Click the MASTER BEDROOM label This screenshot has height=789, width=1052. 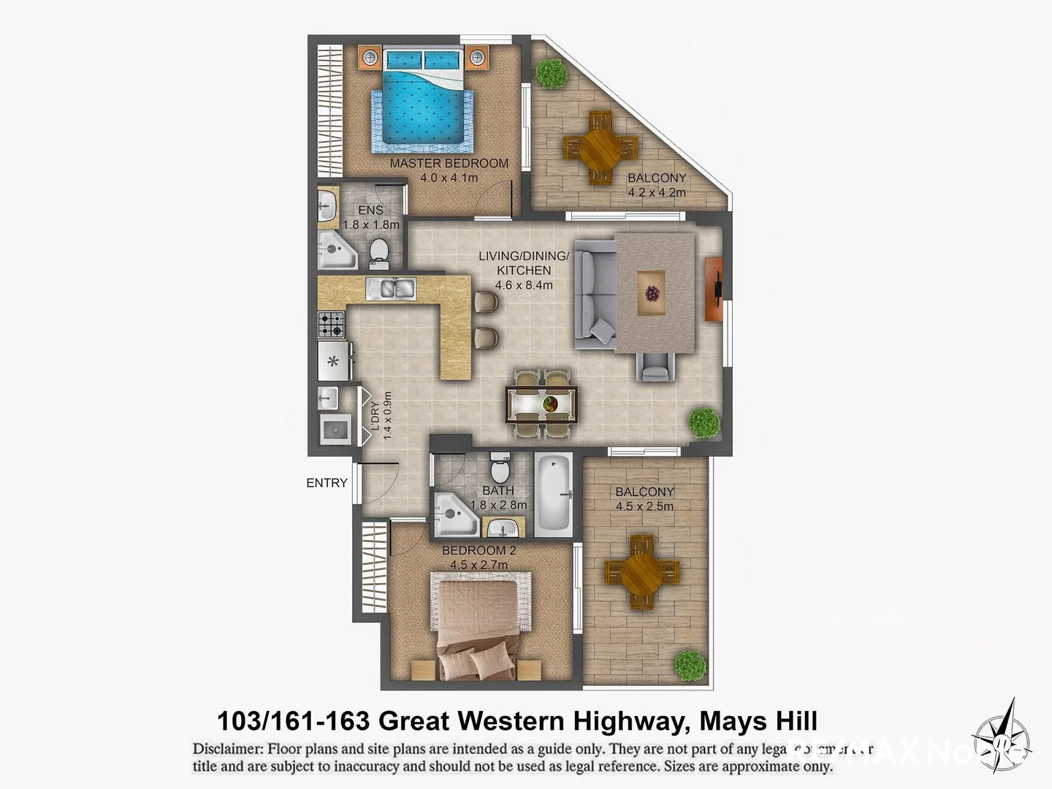(449, 163)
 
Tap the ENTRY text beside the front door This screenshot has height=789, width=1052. (327, 483)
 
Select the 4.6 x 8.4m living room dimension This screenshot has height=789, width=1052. (523, 285)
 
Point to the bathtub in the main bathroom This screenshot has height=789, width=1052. (553, 495)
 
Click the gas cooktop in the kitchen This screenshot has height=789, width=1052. (331, 324)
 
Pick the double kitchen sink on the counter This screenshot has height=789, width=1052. (391, 289)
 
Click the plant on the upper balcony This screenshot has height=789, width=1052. (551, 73)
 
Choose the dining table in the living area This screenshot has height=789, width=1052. (541, 404)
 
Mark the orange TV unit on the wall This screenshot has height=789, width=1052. (714, 288)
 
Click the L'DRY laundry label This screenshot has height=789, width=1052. (376, 421)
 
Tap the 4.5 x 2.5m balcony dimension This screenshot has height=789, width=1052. (644, 506)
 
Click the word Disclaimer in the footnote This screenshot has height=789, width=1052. (227, 749)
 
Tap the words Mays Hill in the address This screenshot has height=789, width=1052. (758, 721)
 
